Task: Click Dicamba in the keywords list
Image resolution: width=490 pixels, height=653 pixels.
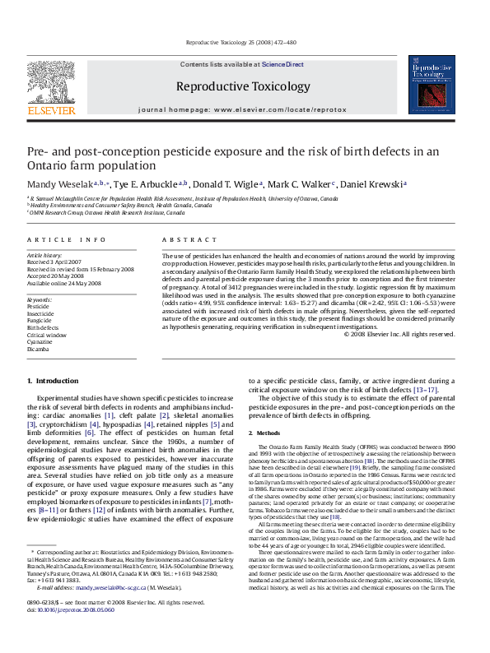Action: coord(38,349)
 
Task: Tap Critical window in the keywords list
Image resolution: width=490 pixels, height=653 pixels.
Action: coord(45,334)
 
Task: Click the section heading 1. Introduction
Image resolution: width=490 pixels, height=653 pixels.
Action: coord(53,381)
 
